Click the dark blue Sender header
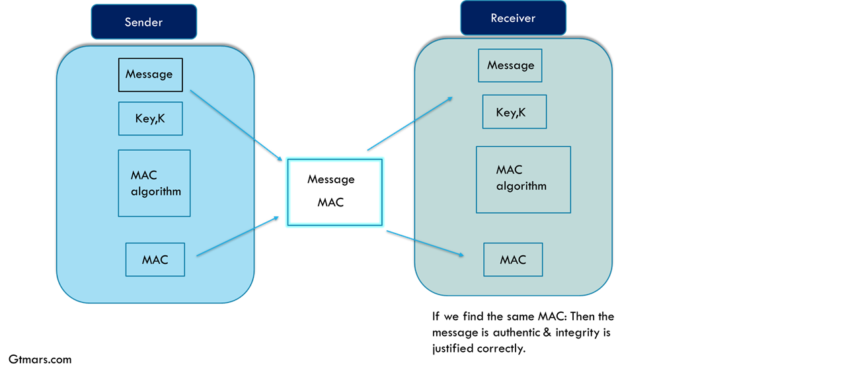tap(144, 22)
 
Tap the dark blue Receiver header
tap(514, 18)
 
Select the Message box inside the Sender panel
tap(150, 75)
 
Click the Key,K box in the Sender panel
tap(150, 118)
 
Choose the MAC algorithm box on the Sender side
tap(154, 183)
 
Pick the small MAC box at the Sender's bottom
tap(155, 260)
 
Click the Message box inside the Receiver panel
tap(510, 65)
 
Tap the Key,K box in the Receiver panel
tap(514, 112)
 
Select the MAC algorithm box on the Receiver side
tap(523, 180)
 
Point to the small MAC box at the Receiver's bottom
tap(514, 260)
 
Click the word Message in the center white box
tap(331, 179)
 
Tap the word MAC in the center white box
tap(330, 202)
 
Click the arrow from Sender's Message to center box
tap(236, 126)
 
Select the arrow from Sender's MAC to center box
tap(238, 236)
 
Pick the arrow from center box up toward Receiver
tap(410, 124)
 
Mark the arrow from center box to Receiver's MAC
tap(425, 243)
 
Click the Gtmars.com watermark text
tap(40, 360)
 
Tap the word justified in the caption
tap(453, 349)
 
